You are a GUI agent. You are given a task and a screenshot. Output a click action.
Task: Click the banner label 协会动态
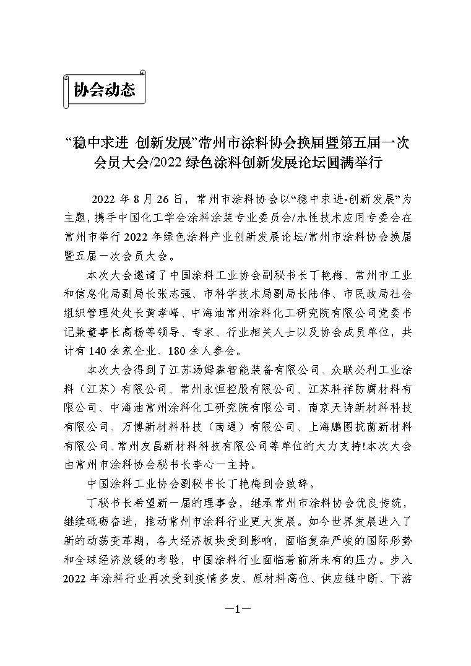[105, 90]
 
